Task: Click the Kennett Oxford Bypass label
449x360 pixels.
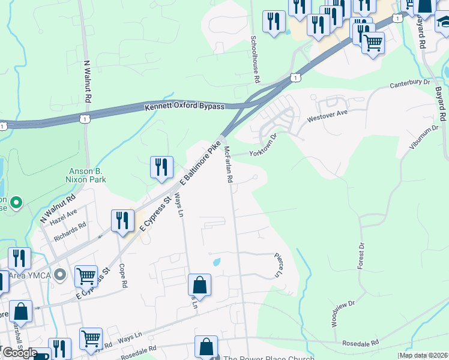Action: (x=184, y=107)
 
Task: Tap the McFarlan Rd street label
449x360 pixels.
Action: (x=228, y=164)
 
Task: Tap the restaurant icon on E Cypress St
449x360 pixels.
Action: (x=122, y=220)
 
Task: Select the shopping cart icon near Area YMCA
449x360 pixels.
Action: (x=86, y=277)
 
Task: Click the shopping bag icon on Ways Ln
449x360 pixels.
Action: (x=200, y=284)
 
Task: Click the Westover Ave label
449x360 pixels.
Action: (x=327, y=113)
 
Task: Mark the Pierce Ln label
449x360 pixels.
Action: (x=278, y=265)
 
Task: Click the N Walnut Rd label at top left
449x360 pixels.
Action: (x=88, y=80)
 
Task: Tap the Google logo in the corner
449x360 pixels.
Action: (x=19, y=353)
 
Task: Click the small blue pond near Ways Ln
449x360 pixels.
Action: (x=216, y=262)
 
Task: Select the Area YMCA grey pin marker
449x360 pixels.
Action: (x=59, y=275)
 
